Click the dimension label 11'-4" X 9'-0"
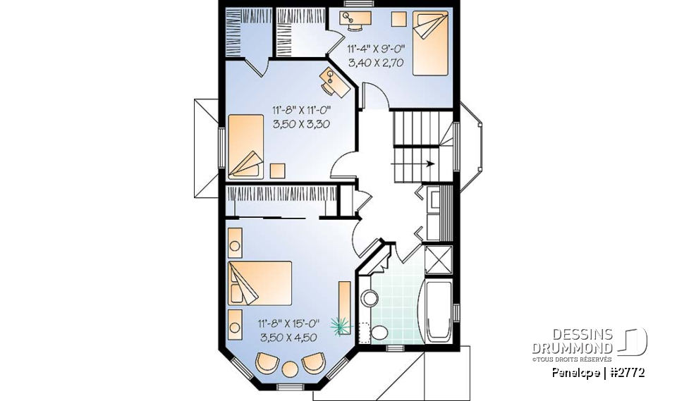376,50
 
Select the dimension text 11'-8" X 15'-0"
289,323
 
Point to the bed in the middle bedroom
246,146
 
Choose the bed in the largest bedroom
259,283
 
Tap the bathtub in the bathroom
438,314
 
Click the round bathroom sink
370,299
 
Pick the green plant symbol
341,325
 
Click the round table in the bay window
290,368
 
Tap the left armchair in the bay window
267,362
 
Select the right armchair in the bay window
312,362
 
